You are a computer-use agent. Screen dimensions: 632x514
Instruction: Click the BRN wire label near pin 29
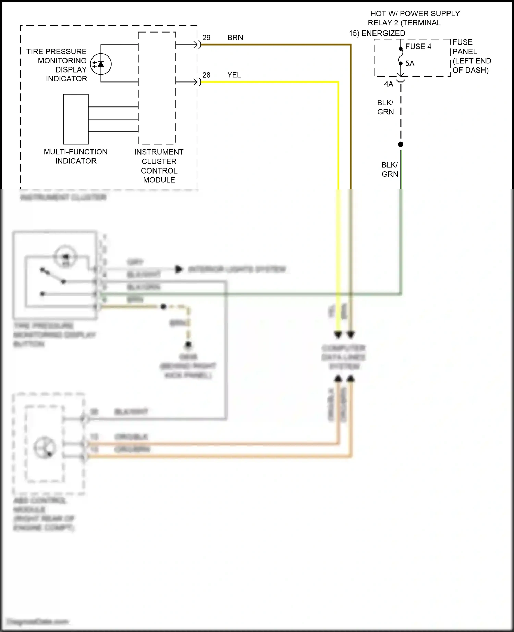point(235,38)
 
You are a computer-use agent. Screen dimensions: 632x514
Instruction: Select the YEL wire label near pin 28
point(234,75)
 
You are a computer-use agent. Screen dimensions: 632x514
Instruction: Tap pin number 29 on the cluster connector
point(206,38)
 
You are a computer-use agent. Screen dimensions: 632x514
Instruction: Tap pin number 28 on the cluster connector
point(206,75)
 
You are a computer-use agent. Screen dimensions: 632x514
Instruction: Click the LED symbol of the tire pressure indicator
point(101,64)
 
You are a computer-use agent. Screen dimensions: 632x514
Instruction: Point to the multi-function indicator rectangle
point(76,119)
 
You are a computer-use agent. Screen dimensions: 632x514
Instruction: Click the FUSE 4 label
point(418,47)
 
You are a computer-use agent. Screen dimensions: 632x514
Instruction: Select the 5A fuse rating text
point(410,64)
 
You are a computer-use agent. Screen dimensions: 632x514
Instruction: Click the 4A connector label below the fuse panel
point(389,84)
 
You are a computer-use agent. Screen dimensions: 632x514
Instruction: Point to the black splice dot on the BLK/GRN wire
point(401,144)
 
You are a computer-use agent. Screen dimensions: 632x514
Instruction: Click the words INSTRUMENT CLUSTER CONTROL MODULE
point(159,166)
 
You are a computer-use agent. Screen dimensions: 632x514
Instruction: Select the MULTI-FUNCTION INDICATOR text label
point(75,156)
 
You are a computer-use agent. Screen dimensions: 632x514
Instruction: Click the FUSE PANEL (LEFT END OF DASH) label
point(472,56)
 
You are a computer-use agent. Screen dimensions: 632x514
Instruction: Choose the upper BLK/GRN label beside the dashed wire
point(385,108)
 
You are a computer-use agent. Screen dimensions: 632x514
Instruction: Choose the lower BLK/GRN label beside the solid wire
point(390,169)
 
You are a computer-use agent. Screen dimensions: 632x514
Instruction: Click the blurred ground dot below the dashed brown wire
point(188,344)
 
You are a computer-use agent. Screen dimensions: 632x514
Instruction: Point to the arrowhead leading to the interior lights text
point(179,269)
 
